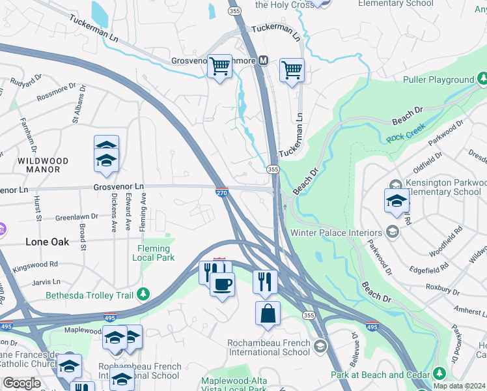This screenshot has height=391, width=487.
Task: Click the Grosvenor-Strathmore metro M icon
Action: click(x=264, y=61)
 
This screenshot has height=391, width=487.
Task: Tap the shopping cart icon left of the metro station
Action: click(x=220, y=66)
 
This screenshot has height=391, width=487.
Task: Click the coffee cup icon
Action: click(x=223, y=284)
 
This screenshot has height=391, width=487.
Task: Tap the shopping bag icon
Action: click(x=268, y=313)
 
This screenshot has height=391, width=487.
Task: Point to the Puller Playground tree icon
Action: click(x=482, y=80)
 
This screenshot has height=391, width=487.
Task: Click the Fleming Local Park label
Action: click(x=155, y=253)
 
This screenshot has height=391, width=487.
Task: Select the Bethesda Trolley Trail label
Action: click(x=91, y=295)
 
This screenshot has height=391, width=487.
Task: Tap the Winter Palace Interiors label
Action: click(x=336, y=233)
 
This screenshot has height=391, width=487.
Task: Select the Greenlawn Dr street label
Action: click(x=76, y=216)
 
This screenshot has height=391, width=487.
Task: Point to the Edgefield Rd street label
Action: click(x=427, y=267)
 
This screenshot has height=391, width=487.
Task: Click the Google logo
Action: click(x=21, y=383)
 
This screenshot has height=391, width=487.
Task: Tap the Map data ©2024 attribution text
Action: click(x=459, y=386)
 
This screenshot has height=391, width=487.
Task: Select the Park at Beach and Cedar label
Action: click(x=381, y=375)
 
